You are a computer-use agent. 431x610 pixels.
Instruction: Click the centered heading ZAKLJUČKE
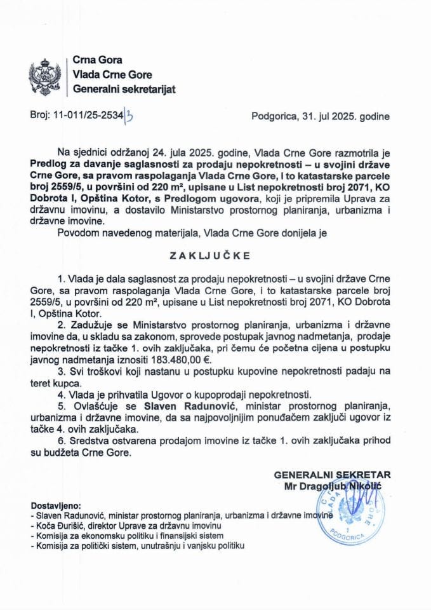click(x=215, y=256)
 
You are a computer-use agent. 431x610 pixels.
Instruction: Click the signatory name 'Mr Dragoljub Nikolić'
click(x=334, y=486)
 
